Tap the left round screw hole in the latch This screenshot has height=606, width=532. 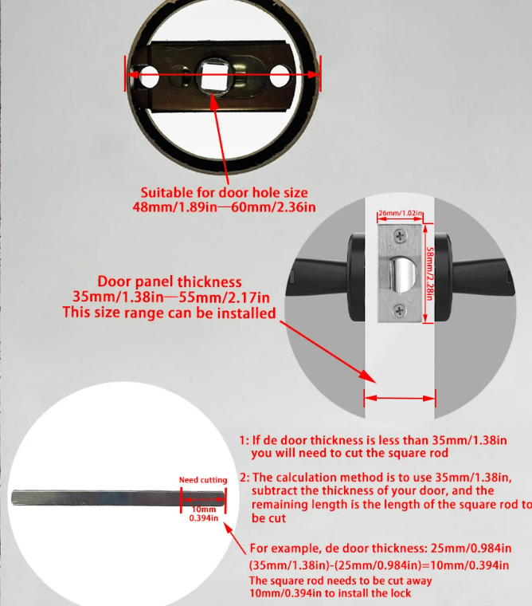pos(149,76)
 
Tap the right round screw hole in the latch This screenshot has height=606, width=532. pos(280,76)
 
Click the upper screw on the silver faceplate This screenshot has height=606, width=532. pos(400,235)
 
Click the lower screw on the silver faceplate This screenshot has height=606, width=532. pos(399,309)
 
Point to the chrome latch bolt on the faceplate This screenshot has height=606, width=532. pos(403,275)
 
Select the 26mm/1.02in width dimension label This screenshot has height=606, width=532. pos(400,213)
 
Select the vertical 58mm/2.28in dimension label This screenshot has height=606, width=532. pos(429,274)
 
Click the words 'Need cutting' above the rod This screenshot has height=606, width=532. pos(203,480)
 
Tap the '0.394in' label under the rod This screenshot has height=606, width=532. pos(203,517)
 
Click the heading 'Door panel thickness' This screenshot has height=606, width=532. pos(170,281)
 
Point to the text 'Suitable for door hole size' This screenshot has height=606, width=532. pos(225,192)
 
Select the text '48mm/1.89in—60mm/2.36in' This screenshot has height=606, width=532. pos(224,207)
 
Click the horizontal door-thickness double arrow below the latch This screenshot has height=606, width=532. pos(400,398)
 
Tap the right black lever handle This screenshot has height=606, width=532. pos(475,277)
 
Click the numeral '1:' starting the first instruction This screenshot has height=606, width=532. pos(244,440)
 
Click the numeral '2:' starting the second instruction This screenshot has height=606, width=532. pos(244,478)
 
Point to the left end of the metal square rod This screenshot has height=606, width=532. pos(13,498)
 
